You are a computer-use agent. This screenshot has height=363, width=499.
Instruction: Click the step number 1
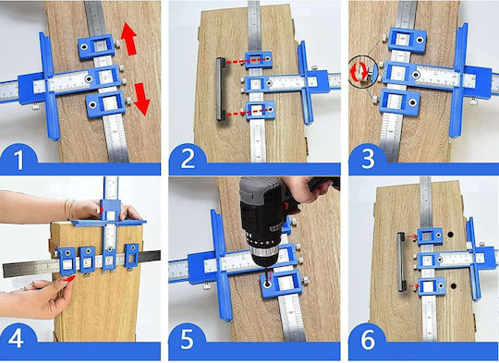click(x=19, y=160)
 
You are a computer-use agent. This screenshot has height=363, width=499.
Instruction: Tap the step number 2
click(x=188, y=159)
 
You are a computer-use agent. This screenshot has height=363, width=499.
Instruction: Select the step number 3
click(x=368, y=159)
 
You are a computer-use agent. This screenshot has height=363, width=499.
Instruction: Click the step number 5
click(x=187, y=339)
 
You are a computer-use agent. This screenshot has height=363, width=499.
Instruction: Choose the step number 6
click(x=368, y=339)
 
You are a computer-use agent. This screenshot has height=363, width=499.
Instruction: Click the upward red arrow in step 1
click(x=129, y=39)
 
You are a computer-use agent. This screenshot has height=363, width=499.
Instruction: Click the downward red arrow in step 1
click(x=141, y=99)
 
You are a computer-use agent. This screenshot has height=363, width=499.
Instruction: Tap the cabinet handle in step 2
click(x=221, y=89)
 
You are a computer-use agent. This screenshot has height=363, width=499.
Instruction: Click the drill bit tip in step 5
click(x=267, y=282)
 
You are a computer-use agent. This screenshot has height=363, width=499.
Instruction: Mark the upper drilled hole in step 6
click(x=450, y=235)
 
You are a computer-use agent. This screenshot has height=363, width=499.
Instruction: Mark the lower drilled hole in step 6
click(x=453, y=286)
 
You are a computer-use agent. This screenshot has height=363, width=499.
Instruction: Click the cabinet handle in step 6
click(x=401, y=262)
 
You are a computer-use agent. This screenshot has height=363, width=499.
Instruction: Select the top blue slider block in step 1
click(x=96, y=46)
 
